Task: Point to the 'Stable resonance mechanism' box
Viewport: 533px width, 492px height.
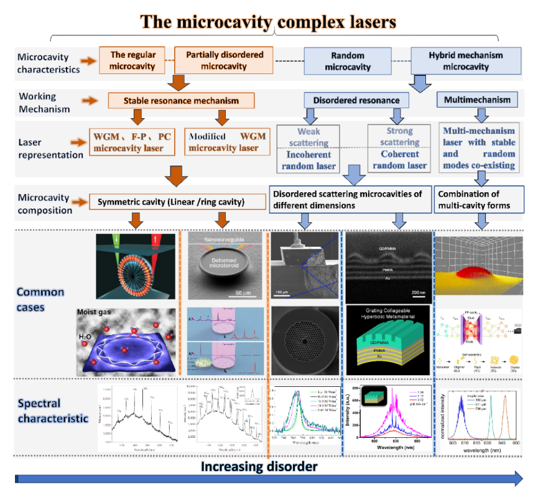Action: [182, 101]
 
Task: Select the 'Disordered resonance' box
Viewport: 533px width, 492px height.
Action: [356, 100]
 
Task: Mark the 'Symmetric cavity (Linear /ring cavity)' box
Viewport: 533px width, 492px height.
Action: [172, 202]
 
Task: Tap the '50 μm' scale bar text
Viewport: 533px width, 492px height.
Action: [243, 292]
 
